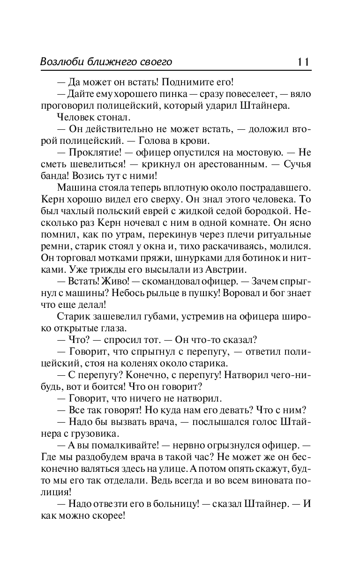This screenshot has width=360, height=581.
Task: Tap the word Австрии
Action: point(234,270)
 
